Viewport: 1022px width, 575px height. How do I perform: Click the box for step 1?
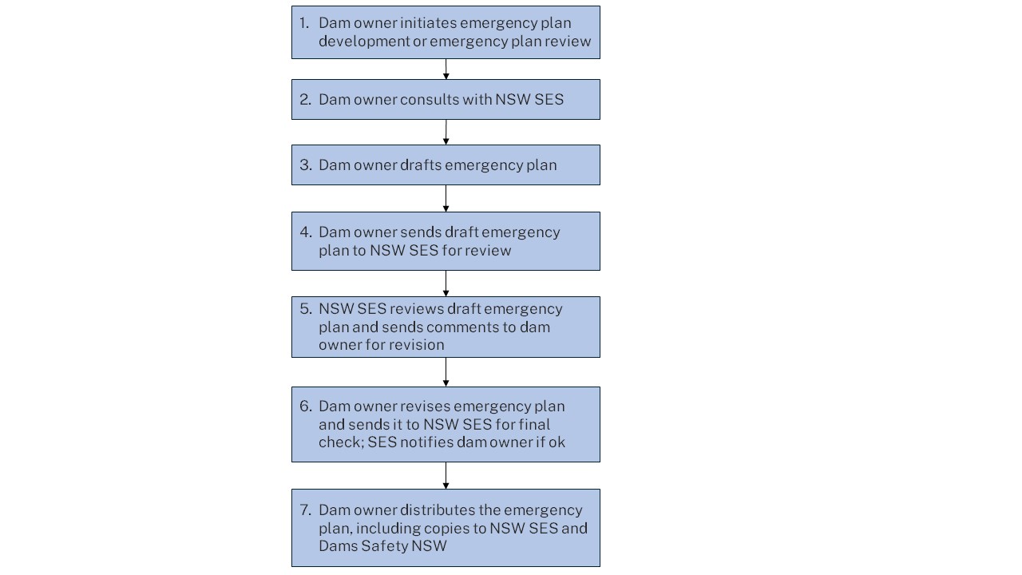446,33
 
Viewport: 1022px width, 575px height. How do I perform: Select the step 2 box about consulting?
446,100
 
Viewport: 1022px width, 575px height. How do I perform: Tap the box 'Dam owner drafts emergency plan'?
446,165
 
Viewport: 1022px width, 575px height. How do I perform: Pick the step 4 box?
446,241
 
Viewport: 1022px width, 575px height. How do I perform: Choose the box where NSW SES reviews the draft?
446,327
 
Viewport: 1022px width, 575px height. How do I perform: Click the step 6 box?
446,424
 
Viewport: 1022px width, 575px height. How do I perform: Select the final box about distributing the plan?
446,528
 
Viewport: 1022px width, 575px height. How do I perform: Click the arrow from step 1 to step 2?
446,69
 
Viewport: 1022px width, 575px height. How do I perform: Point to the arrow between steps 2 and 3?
446,133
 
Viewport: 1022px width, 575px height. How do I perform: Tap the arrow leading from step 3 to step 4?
446,199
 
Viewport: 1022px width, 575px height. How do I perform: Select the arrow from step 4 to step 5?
446,284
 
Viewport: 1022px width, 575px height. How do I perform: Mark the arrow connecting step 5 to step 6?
446,372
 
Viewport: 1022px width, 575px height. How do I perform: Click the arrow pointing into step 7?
446,476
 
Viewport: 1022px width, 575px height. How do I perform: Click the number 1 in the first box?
303,23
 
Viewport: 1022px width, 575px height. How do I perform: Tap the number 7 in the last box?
304,510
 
